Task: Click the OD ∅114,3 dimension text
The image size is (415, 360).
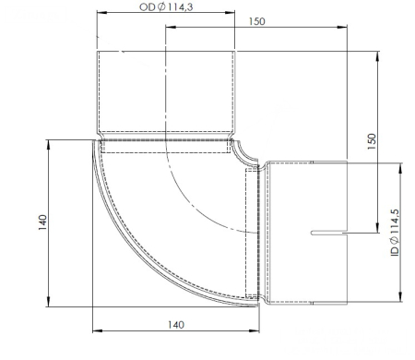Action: click(166, 7)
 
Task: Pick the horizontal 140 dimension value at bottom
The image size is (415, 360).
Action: click(177, 324)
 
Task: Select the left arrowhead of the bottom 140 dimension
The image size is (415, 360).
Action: click(96, 330)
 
